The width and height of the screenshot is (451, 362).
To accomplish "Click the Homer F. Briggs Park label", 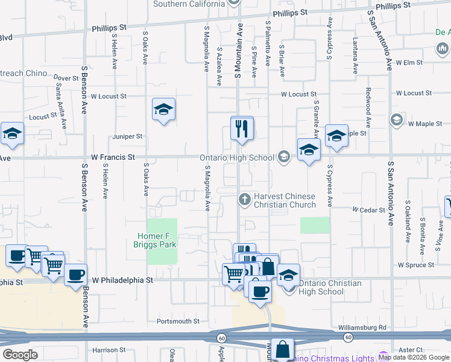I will click(x=155, y=240).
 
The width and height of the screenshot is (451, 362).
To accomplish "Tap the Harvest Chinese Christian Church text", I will click(x=284, y=200).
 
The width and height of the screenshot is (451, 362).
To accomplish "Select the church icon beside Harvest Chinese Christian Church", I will click(x=245, y=198).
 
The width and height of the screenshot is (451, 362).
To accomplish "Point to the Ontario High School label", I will click(x=237, y=158).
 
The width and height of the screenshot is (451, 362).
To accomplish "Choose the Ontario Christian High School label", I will click(x=330, y=287).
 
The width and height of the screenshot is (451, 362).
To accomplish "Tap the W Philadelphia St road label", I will click(x=122, y=281).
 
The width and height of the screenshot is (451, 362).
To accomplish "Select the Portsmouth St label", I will click(x=178, y=322).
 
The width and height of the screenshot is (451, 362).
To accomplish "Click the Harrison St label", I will click(x=109, y=350).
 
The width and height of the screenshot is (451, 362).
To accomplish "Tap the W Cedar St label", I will click(x=369, y=210).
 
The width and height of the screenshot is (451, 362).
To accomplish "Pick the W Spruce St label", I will click(x=416, y=265).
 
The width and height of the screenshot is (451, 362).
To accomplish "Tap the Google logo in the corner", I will click(x=20, y=355).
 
